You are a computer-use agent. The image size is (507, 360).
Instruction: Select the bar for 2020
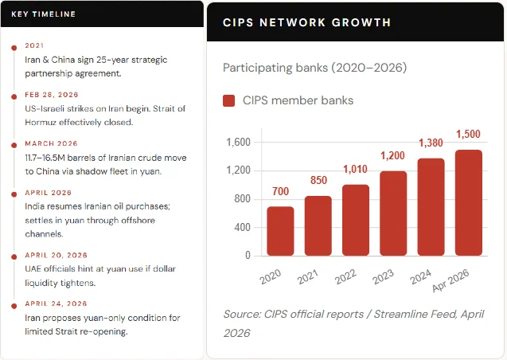click(x=280, y=231)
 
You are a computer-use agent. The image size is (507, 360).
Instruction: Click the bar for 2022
click(x=356, y=220)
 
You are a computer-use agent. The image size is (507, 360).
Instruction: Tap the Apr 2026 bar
click(x=469, y=202)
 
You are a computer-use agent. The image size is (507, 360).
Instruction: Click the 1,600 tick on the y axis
click(x=238, y=143)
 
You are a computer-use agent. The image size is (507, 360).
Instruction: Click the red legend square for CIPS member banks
click(x=229, y=101)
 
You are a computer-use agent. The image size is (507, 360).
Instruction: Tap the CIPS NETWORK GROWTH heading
click(x=306, y=22)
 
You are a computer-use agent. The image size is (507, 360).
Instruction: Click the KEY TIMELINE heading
click(x=44, y=14)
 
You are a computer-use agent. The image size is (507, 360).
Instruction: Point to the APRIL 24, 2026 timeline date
click(x=56, y=303)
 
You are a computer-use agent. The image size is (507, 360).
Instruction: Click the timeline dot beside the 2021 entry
click(x=14, y=46)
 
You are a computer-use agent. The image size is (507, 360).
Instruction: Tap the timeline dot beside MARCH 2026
click(x=14, y=145)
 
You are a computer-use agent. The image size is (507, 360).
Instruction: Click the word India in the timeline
click(x=35, y=207)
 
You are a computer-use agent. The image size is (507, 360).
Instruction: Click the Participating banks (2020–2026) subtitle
click(x=314, y=68)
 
